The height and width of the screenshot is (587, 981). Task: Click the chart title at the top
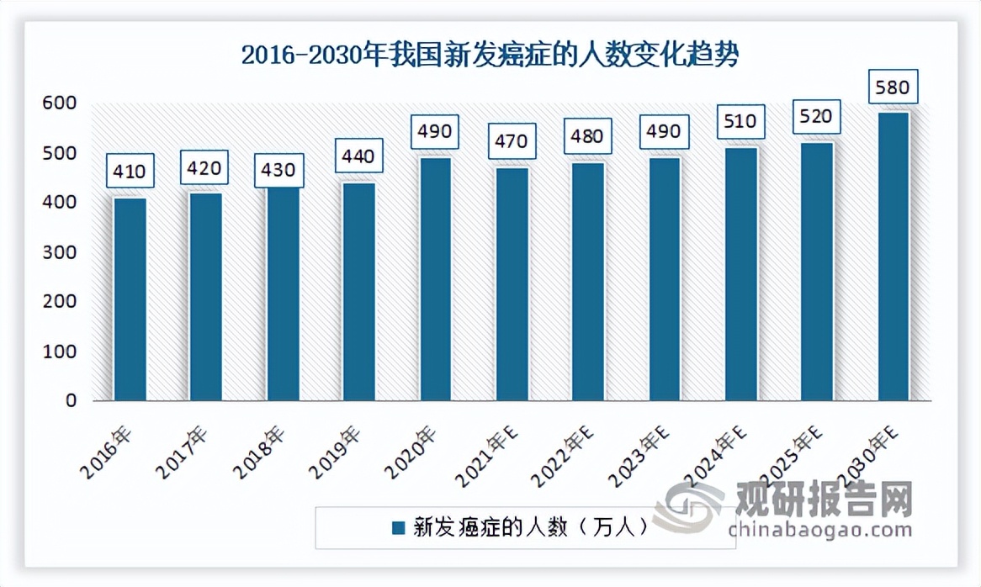[x=490, y=56]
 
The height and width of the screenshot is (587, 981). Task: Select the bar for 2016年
[x=130, y=299]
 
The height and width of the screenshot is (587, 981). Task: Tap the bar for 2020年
[x=436, y=278]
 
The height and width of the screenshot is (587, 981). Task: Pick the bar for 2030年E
[x=894, y=256]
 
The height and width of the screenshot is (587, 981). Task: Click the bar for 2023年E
[x=665, y=278]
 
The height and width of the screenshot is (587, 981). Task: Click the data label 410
[x=130, y=172]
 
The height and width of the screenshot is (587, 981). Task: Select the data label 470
[x=512, y=141]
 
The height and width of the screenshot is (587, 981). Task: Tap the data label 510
[x=740, y=121]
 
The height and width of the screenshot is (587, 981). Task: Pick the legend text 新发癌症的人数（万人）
[x=532, y=527]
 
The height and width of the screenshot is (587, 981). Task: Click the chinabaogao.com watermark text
[x=820, y=530]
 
